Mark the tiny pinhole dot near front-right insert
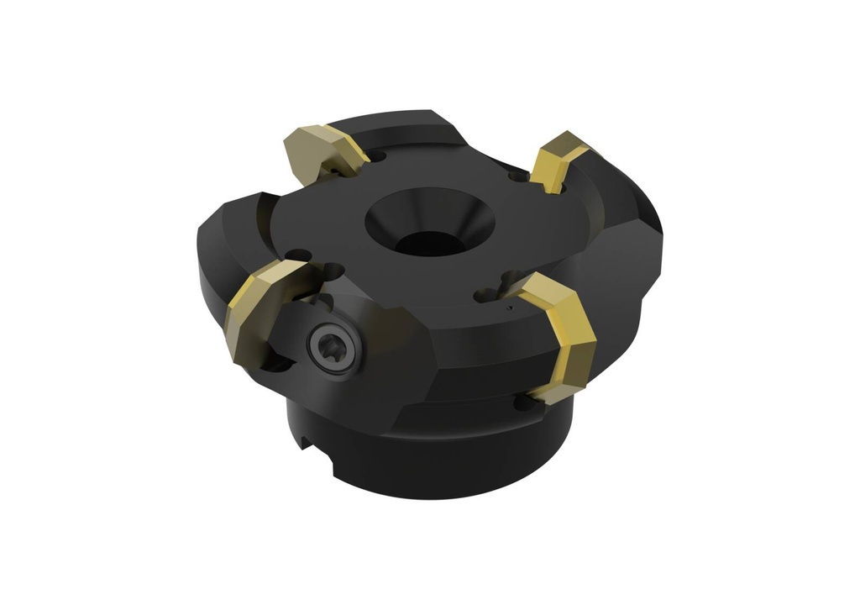tap(507, 309)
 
